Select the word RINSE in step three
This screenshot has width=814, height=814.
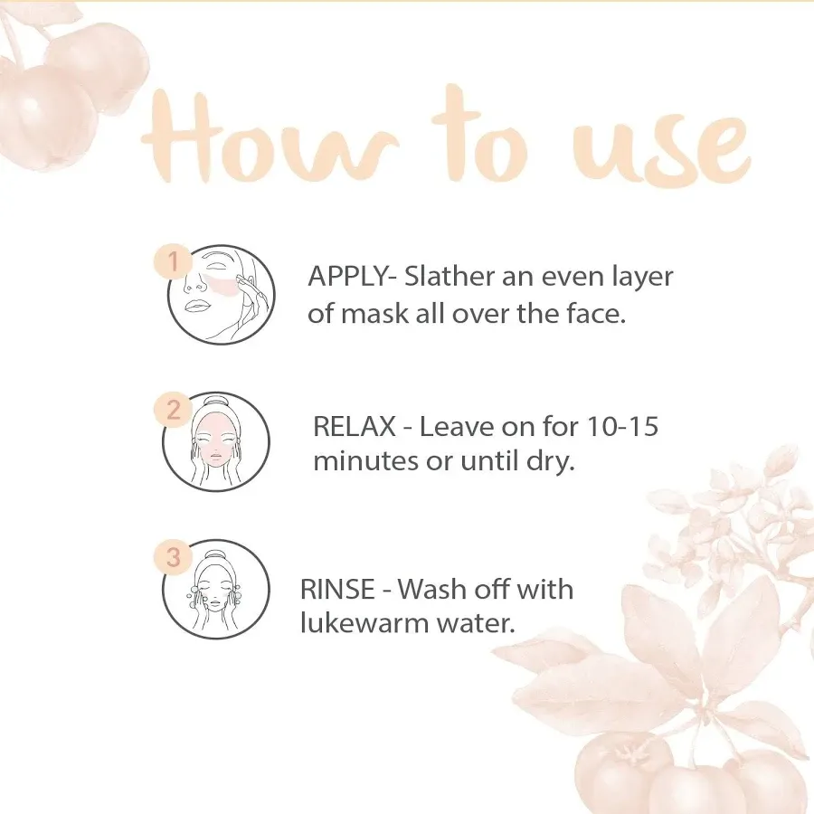coord(337,590)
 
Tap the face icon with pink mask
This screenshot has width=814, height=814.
coord(215,441)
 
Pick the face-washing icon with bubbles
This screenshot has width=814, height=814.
coord(215,590)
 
